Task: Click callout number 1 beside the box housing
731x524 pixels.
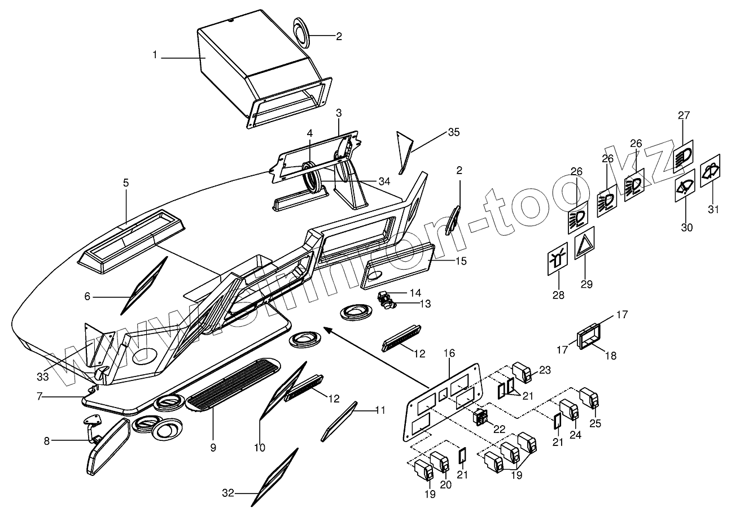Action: pyautogui.click(x=154, y=56)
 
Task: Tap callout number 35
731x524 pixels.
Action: pyautogui.click(x=453, y=132)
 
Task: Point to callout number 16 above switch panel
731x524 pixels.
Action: pyautogui.click(x=449, y=353)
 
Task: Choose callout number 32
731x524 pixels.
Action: pyautogui.click(x=228, y=493)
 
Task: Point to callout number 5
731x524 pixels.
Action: pyautogui.click(x=126, y=183)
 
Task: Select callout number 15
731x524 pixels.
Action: pyautogui.click(x=461, y=261)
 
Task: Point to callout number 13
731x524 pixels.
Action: pyautogui.click(x=424, y=304)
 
